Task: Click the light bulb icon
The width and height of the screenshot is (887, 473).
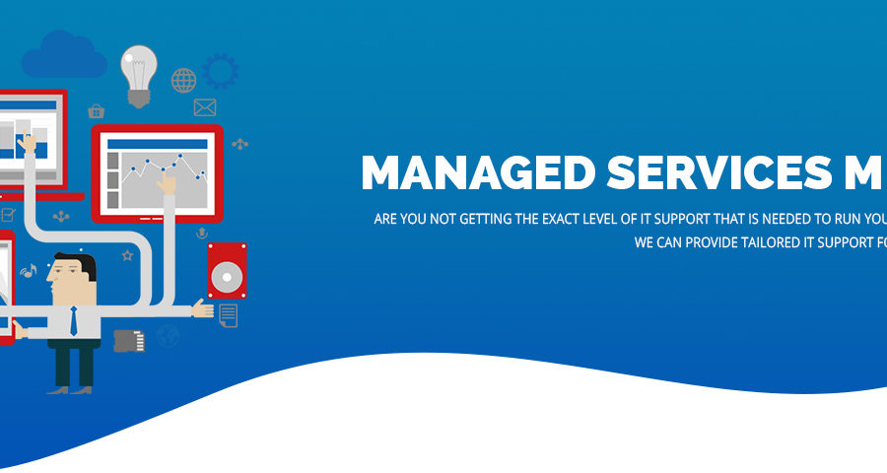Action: coord(139,75)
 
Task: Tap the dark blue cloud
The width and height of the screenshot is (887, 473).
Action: coord(64,55)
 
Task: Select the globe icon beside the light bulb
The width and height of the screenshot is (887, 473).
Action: coord(184,81)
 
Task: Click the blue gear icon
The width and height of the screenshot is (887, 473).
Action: coord(221,71)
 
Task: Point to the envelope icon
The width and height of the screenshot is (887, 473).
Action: coord(205,107)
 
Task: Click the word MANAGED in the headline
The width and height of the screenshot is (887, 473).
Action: coord(478,172)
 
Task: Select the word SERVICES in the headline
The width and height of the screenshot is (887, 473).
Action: coord(719,172)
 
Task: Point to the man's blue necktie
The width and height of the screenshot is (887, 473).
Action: coord(74,321)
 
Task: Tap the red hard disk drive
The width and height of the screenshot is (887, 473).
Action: coord(227,270)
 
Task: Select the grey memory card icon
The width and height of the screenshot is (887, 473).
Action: coord(129,341)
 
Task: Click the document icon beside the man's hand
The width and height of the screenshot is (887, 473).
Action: coord(228,315)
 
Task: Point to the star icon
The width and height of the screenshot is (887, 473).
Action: coord(127,256)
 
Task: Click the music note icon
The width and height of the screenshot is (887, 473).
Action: coord(29,271)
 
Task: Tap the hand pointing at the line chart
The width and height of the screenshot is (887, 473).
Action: coord(167,183)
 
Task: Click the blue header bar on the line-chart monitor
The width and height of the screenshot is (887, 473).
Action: coord(158,144)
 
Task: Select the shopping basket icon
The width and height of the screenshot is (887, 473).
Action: coord(97,111)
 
